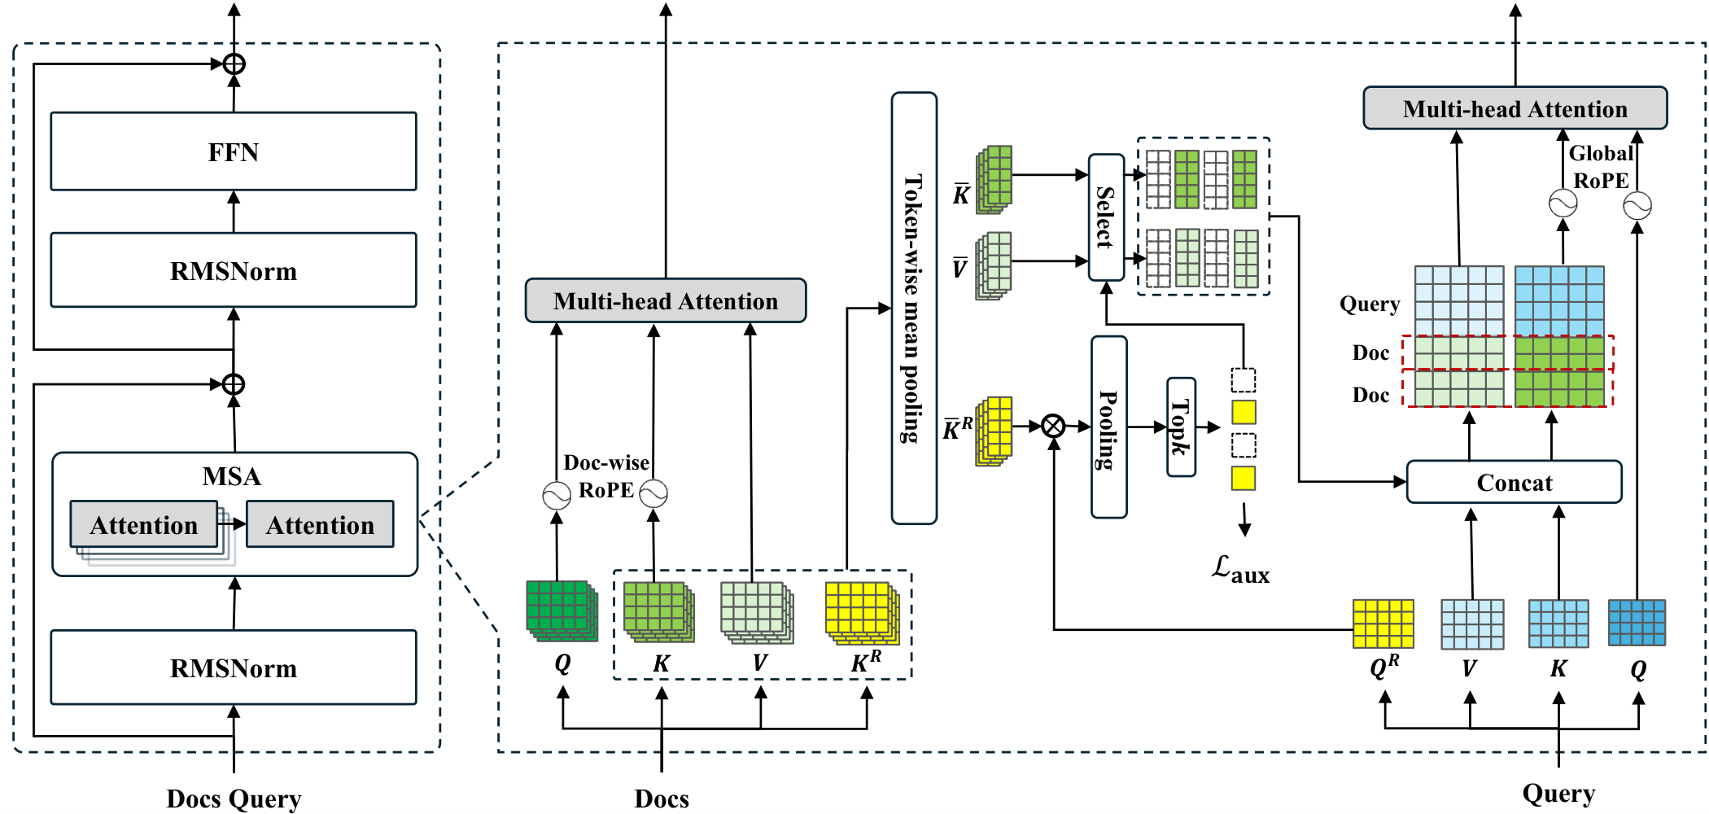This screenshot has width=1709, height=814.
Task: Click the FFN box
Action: [x=234, y=152]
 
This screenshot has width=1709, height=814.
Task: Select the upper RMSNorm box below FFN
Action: [x=234, y=270]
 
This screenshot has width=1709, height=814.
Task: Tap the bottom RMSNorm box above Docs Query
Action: [x=234, y=667]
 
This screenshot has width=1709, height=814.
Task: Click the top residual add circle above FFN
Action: [x=234, y=63]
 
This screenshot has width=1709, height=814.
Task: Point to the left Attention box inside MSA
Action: [x=144, y=525]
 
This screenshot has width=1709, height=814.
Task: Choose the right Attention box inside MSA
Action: [x=320, y=525]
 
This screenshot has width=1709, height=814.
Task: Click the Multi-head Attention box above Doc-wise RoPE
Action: [x=666, y=301]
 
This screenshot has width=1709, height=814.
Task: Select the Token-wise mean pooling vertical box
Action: [x=914, y=308]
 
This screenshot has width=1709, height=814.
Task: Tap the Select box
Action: [x=1106, y=217]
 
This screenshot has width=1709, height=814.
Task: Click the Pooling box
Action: [x=1108, y=427]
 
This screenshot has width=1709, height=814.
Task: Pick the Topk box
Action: [x=1181, y=427]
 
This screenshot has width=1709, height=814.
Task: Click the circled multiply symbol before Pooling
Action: [x=1053, y=426]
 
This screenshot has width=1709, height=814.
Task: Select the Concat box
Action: [x=1514, y=482]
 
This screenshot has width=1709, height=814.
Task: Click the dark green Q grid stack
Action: [x=561, y=610]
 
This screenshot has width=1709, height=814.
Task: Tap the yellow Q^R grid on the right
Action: [x=1383, y=624]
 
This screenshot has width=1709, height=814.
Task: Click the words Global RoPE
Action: [x=1600, y=167]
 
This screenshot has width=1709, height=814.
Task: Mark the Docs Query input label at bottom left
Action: [x=234, y=799]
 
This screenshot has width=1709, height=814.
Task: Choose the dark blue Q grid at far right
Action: [x=1637, y=623]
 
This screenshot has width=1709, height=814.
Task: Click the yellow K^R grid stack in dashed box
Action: [x=861, y=611]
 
